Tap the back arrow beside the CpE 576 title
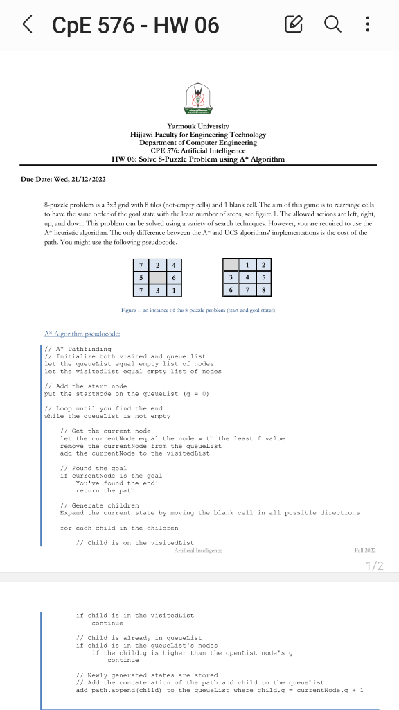[27, 26]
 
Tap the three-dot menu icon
[367, 26]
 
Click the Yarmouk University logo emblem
[197, 101]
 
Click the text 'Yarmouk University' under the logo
[197, 126]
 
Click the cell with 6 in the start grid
[175, 277]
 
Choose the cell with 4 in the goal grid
[246, 277]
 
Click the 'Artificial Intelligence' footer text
[197, 548]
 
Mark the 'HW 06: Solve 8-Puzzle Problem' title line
[197, 159]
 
